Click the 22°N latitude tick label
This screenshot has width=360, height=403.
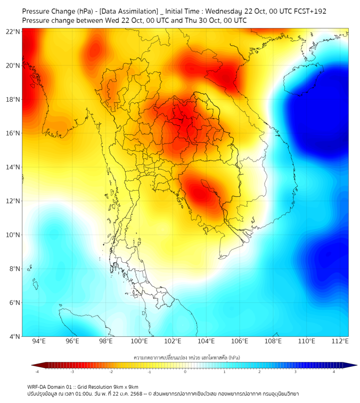13,31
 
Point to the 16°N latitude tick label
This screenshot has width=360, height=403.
13,133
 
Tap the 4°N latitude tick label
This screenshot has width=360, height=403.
14,336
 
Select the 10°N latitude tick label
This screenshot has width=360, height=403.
13,235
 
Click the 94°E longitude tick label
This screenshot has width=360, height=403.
39,342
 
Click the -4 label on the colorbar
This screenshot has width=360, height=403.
37,372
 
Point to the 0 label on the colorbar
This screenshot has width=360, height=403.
185,372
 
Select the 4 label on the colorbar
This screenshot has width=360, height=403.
334,372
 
